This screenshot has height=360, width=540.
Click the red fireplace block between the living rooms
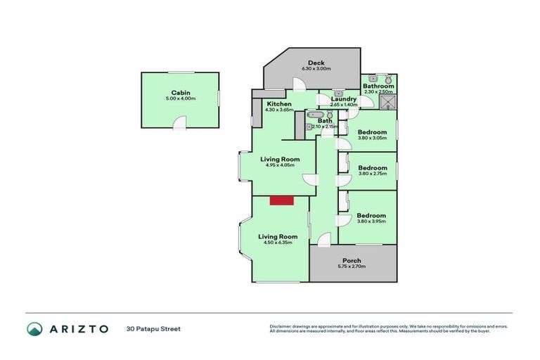(x=282, y=201)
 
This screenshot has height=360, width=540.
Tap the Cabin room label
(x=181, y=93)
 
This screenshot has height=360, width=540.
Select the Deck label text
(x=316, y=63)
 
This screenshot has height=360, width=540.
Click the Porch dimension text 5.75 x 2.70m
(x=352, y=266)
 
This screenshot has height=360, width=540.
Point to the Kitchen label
(x=278, y=104)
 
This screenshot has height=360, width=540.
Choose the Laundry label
(x=344, y=99)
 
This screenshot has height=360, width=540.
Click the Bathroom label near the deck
(x=378, y=86)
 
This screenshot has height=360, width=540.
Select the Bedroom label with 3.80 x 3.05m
(x=372, y=132)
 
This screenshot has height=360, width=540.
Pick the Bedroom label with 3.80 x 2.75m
(x=372, y=168)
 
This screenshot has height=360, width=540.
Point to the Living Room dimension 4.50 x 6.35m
(x=278, y=243)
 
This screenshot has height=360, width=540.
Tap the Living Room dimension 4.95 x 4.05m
(x=280, y=165)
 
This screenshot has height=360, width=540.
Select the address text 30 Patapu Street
(x=153, y=328)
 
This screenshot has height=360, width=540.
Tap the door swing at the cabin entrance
(x=180, y=124)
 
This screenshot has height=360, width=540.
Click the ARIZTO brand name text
(x=78, y=328)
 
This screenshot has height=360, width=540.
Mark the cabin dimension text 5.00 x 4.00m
(x=181, y=99)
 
